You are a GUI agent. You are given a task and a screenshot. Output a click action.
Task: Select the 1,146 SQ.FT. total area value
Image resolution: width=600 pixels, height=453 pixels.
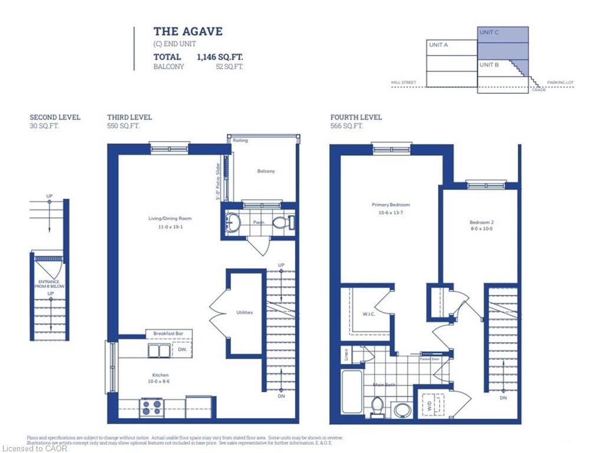219,57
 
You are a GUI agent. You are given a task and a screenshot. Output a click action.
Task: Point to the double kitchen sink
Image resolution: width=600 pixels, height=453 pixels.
158,352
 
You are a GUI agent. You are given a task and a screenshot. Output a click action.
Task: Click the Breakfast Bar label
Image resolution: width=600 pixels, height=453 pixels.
168,334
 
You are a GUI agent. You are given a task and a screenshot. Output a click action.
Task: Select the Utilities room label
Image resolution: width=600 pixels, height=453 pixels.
244,312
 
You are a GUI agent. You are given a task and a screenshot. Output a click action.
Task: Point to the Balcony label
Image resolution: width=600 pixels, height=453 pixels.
265,171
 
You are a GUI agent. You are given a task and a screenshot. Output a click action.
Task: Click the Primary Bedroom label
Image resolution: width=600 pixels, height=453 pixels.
391,205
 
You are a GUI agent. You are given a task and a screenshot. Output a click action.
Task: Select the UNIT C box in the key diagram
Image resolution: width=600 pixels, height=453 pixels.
502,42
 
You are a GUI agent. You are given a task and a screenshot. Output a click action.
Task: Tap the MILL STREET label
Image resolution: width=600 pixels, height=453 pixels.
404,83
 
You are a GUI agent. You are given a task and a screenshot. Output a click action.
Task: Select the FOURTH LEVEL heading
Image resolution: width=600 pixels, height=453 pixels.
356,117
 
